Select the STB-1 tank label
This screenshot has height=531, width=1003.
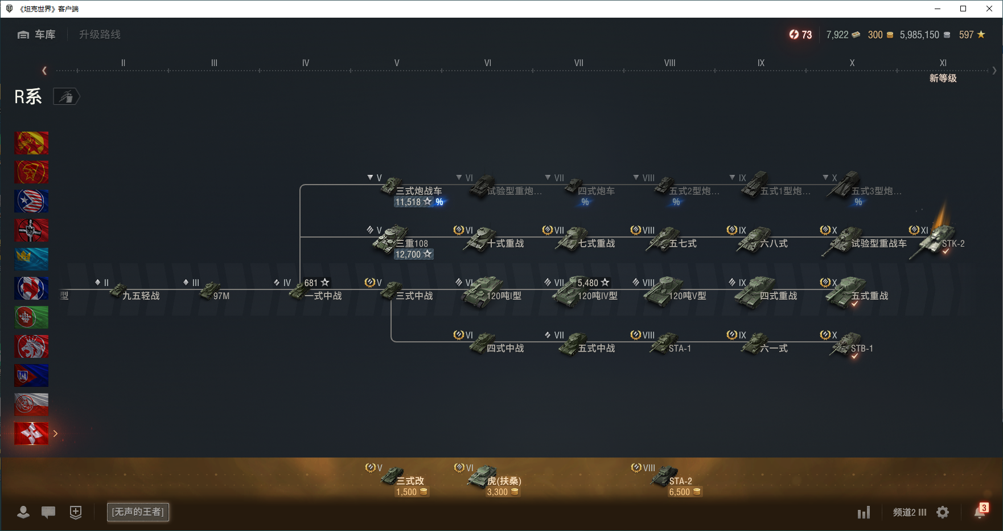pos(861,348)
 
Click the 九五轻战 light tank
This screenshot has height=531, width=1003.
pos(141,296)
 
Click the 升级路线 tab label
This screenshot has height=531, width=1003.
pos(100,35)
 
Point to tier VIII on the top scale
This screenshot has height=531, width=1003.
pos(669,63)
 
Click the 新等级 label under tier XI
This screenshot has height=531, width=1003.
pos(943,78)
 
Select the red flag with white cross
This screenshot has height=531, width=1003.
pos(31,434)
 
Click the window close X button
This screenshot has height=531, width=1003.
pos(989,9)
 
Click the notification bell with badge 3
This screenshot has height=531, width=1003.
pos(980,512)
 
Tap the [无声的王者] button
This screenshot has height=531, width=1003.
pos(138,512)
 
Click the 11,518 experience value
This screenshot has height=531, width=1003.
pos(408,202)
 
